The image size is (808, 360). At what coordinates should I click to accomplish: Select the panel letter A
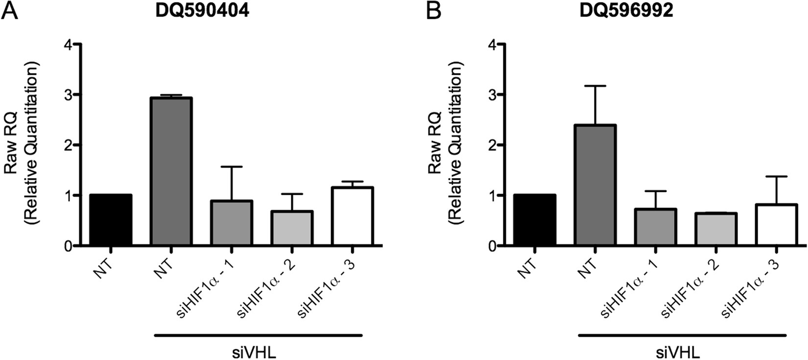click(x=10, y=11)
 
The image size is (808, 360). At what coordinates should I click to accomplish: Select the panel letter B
click(x=434, y=11)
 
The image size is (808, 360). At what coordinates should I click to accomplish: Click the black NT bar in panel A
click(x=111, y=220)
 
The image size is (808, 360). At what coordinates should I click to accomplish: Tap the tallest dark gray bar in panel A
click(x=171, y=171)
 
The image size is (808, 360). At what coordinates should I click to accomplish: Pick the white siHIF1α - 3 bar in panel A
click(x=352, y=216)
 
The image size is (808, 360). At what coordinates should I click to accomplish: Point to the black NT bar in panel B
click(x=535, y=220)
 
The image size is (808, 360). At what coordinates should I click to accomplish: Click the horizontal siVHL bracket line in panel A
click(x=258, y=336)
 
